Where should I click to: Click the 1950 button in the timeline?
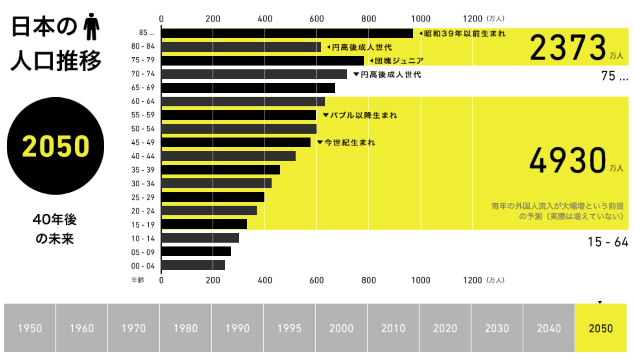(30, 328)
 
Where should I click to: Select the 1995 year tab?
(289, 328)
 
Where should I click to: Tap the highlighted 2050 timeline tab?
(601, 328)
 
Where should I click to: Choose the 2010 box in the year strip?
(393, 328)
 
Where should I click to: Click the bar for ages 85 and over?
(287, 33)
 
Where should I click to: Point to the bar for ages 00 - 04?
(193, 265)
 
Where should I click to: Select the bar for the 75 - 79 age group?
(262, 61)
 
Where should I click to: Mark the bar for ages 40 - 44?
(228, 156)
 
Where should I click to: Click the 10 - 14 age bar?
(200, 238)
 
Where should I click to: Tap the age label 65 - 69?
(143, 88)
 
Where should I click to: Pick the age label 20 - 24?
(143, 211)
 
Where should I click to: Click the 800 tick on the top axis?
(369, 19)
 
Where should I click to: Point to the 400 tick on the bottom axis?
(265, 280)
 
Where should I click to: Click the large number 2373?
(568, 48)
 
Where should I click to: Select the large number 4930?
(568, 160)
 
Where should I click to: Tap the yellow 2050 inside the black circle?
(55, 146)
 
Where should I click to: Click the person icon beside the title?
(91, 27)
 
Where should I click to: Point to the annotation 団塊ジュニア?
(399, 61)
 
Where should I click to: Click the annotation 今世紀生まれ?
(349, 143)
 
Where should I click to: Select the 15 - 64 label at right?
(608, 242)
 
